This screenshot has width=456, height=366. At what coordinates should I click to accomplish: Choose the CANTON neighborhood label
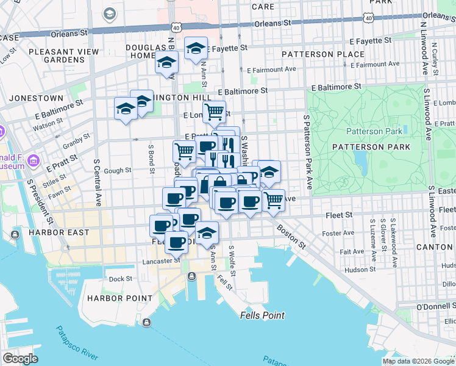(x=435, y=247)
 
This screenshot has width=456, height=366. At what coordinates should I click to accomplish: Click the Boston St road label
(x=291, y=235)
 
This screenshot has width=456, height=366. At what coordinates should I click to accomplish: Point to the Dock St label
(x=121, y=279)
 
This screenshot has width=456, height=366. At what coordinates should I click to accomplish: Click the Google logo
(x=20, y=359)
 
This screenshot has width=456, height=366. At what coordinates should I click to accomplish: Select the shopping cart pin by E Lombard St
(x=214, y=112)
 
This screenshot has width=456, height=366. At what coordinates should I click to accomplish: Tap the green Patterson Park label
(x=374, y=131)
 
